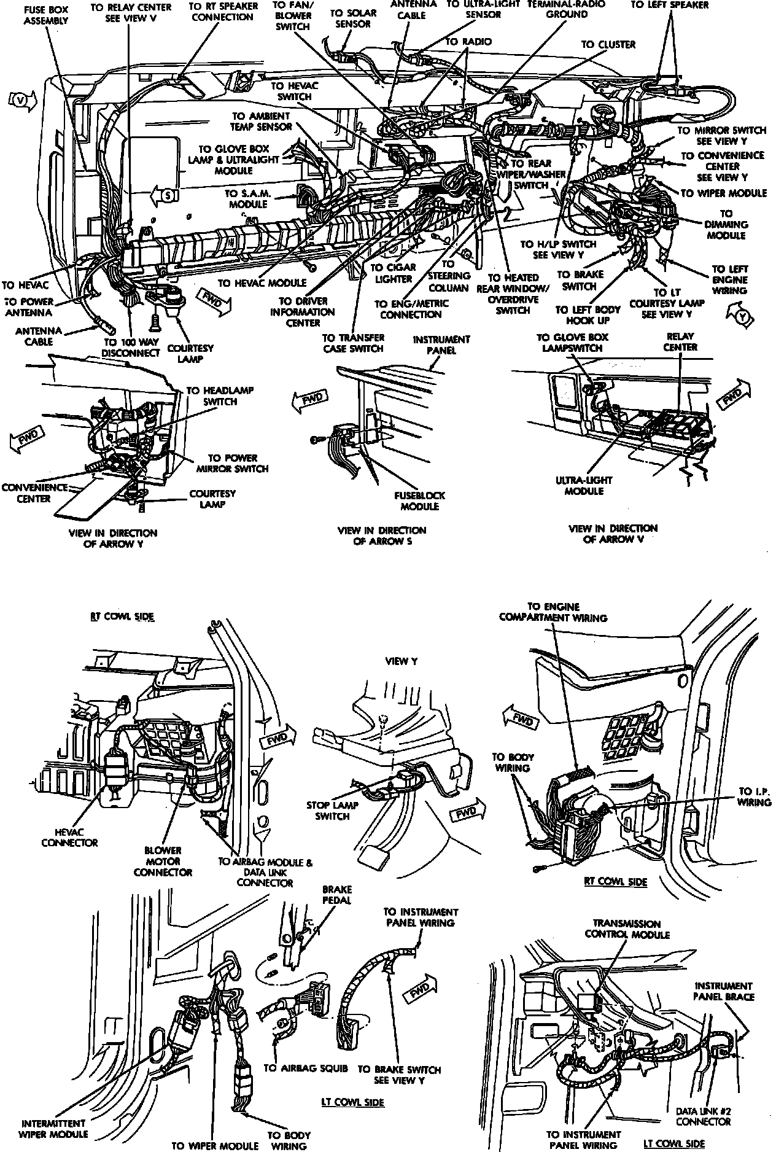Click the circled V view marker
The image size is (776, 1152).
[x=23, y=101]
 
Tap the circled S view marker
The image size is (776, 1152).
[x=167, y=195]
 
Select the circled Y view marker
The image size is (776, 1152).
[x=743, y=317]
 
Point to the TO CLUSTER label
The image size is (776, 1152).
[x=608, y=44]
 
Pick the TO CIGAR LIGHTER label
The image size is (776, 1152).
[x=393, y=273]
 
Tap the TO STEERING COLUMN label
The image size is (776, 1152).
[x=448, y=276]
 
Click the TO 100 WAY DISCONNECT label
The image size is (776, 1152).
[x=131, y=348]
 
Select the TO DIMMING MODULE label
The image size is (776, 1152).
[x=726, y=225]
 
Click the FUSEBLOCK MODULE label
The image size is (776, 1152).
[x=419, y=500]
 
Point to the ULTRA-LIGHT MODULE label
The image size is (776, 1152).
[x=584, y=485]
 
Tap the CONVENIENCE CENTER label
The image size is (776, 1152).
[x=34, y=493]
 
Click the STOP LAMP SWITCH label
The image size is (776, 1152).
[x=332, y=811]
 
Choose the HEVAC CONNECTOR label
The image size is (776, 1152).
[x=69, y=837]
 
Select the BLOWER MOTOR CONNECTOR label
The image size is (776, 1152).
[x=163, y=861]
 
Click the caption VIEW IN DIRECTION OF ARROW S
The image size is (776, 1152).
[x=381, y=535]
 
